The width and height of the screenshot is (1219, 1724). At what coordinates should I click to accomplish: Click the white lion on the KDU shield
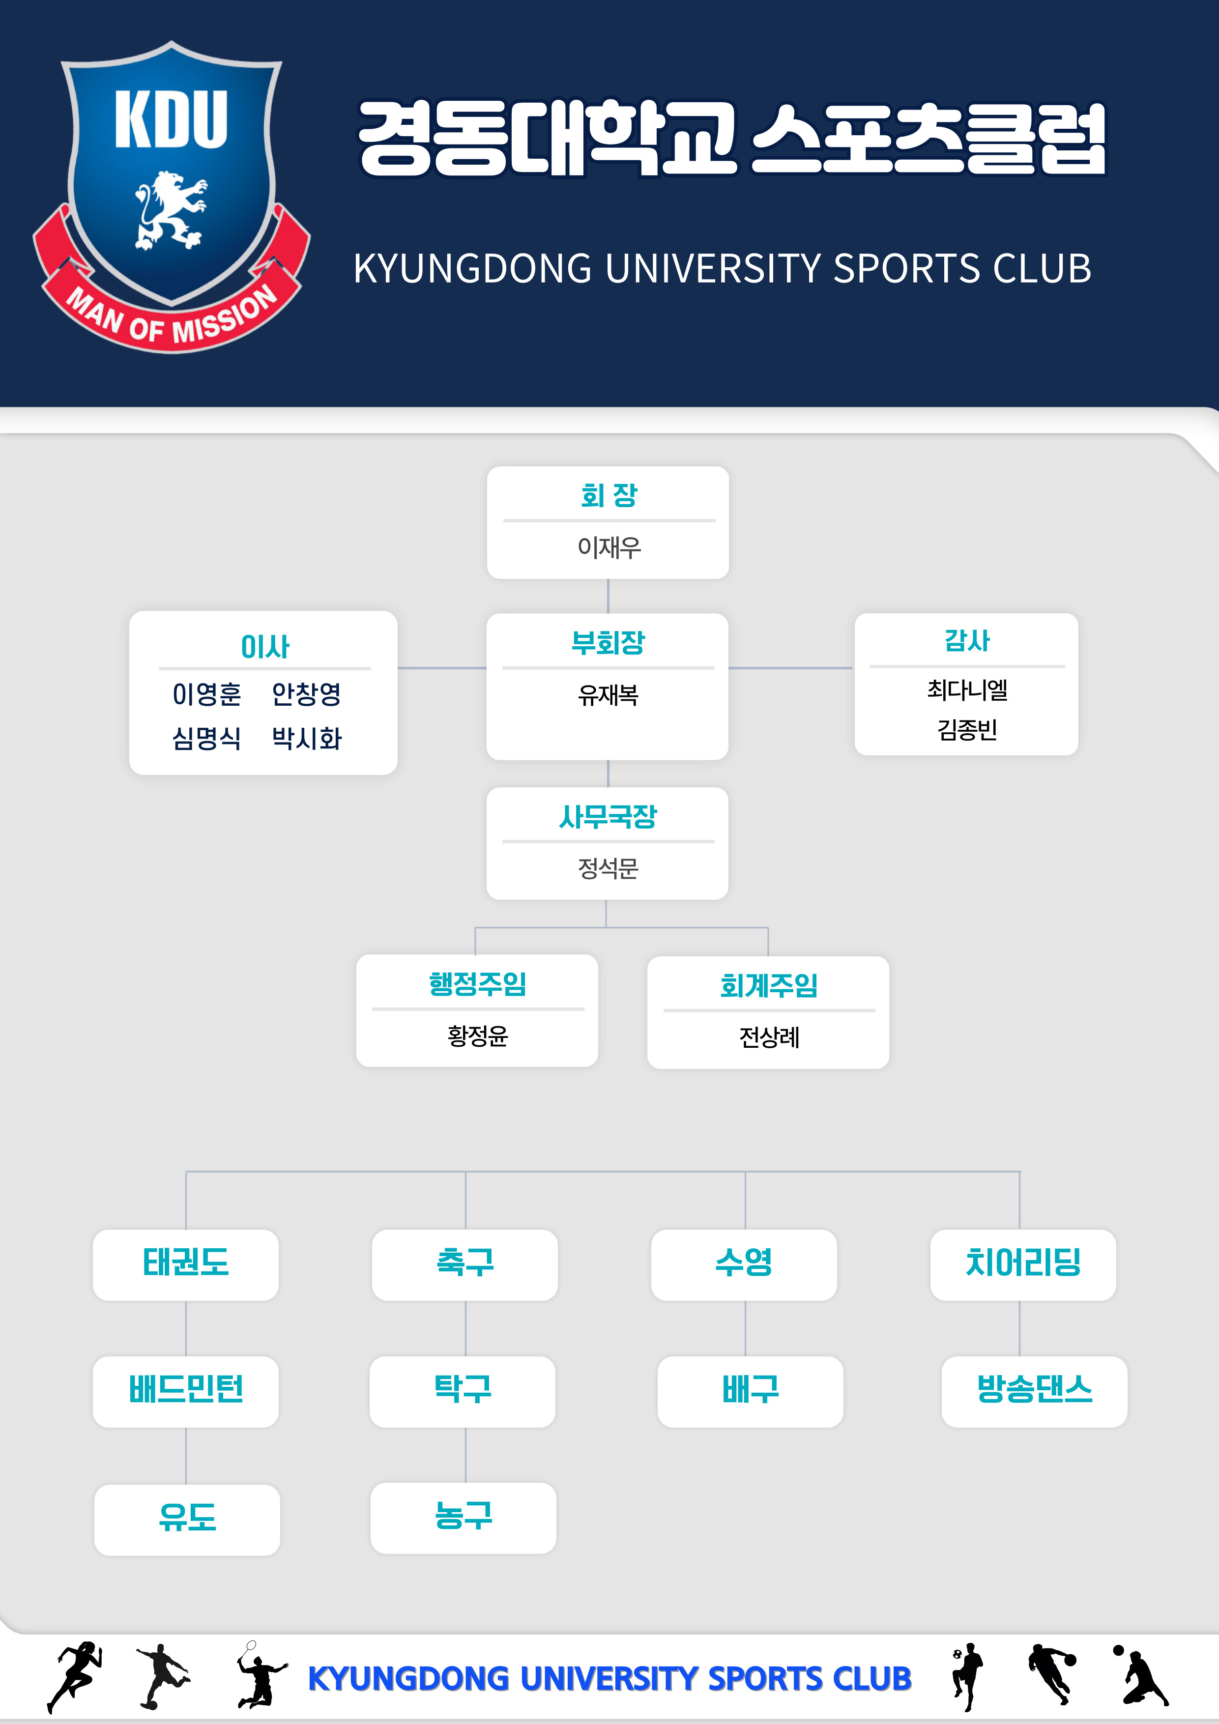pos(171,210)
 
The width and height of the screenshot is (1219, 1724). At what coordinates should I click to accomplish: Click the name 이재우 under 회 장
pos(609,547)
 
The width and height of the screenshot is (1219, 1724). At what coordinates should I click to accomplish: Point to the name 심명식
pos(206,739)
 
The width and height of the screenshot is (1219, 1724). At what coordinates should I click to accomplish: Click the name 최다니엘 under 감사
pos(967,690)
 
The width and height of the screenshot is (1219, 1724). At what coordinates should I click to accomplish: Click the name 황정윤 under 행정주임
pos(478,1036)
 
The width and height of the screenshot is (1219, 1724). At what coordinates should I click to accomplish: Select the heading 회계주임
pos(768,985)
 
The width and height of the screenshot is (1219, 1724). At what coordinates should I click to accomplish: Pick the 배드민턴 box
pos(185,1391)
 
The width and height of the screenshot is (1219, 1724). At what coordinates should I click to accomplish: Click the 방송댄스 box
pos(1034,1391)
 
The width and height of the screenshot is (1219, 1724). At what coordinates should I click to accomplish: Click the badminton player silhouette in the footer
pos(259,1675)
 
